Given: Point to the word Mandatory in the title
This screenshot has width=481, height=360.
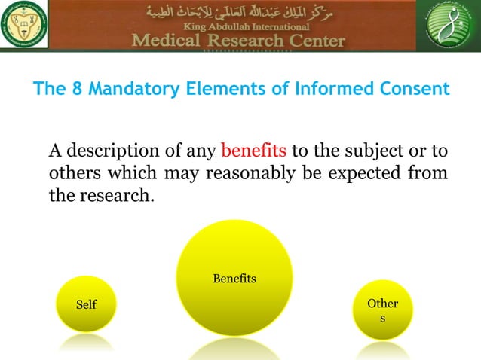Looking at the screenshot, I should pyautogui.click(x=124, y=90).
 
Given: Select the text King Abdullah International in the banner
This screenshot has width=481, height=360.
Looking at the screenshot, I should pyautogui.click(x=240, y=26).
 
